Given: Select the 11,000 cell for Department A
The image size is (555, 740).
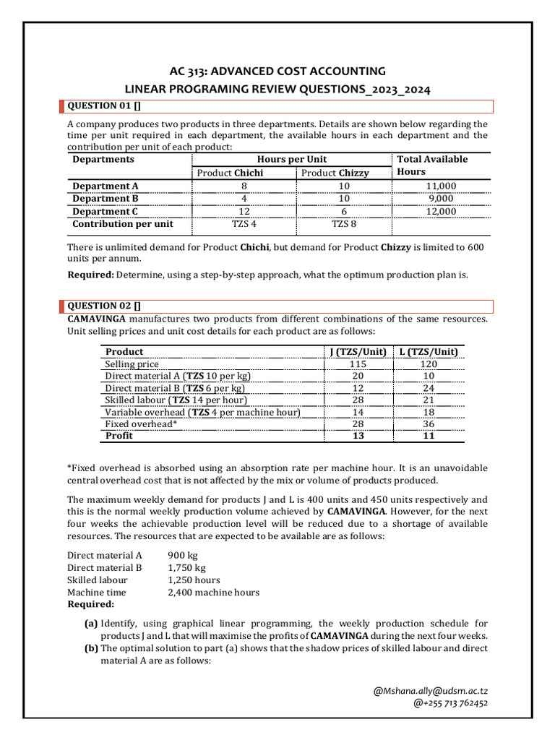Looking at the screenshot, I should [441, 186].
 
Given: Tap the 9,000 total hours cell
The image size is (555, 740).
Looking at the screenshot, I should [441, 199].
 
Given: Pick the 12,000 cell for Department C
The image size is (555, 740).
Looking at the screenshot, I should [441, 212].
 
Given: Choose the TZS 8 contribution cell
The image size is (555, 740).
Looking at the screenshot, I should [344, 224].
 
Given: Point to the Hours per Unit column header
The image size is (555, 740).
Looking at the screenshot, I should [292, 159].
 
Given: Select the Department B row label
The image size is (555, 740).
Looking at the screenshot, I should [106, 199].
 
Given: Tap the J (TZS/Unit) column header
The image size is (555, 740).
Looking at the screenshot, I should [358, 352].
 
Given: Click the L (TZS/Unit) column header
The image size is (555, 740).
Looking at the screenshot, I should [429, 352].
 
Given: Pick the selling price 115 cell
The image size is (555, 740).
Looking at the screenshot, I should [358, 364].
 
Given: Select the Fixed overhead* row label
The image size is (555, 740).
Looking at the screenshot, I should [141, 424].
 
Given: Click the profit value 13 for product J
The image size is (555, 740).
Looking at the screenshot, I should [358, 436].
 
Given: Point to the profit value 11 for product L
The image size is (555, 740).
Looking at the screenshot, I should [429, 436].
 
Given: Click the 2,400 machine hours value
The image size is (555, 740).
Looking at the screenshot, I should [213, 593].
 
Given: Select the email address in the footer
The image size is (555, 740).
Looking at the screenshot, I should [430, 692].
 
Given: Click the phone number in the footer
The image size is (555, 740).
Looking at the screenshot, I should [450, 703].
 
